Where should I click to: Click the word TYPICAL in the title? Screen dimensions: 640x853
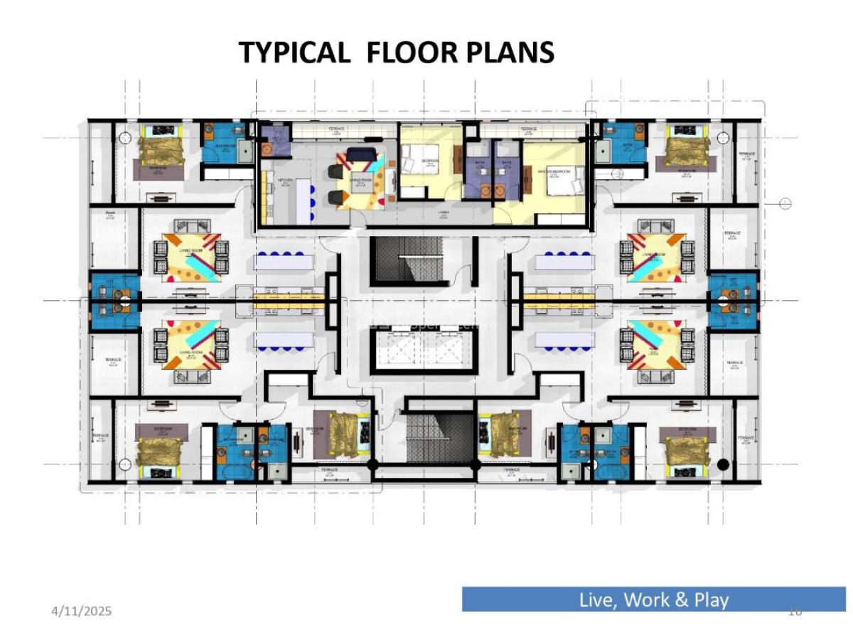point(293,53)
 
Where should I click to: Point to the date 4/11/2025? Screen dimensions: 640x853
point(82,611)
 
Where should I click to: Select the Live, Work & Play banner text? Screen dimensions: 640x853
point(653,599)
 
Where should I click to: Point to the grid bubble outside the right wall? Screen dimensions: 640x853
point(785,204)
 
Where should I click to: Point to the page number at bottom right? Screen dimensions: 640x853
point(795,612)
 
